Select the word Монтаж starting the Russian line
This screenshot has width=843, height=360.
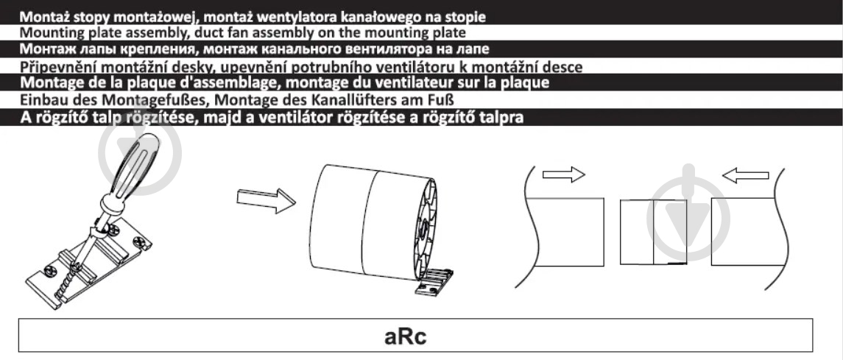(47, 50)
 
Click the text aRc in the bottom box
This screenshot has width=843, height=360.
(406, 336)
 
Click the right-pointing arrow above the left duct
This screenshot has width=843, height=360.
(562, 175)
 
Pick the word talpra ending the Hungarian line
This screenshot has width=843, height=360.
(502, 118)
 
